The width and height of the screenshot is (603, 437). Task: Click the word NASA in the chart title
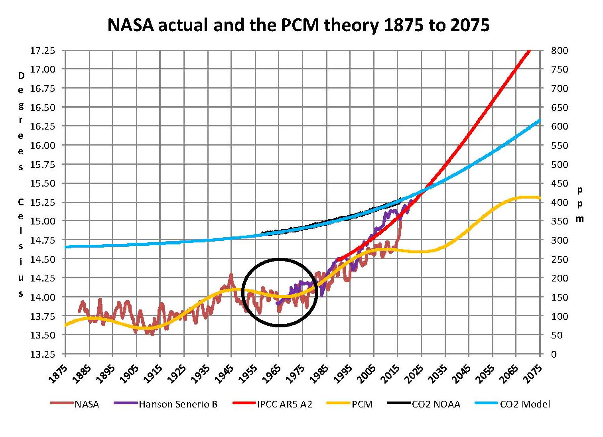pos(130,25)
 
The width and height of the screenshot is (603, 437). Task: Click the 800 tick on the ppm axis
pos(559,51)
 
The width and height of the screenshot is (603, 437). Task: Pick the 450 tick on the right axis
pos(559,183)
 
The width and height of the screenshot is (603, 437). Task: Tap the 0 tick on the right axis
pos(554,354)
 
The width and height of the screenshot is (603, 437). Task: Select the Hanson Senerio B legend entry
pos(178,404)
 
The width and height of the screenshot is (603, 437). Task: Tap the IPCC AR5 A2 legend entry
pos(284,404)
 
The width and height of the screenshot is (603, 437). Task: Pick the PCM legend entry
pos(362,404)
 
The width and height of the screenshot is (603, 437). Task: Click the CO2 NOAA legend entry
pos(436,404)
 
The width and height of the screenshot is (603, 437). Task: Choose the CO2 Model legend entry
pos(524,404)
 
